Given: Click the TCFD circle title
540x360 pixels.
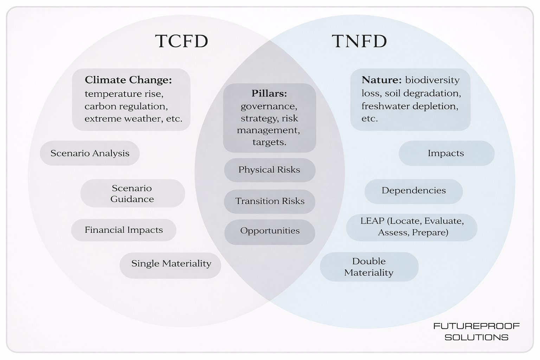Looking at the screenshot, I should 181,41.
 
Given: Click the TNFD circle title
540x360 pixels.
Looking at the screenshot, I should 359,41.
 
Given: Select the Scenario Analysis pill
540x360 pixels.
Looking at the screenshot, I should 90,153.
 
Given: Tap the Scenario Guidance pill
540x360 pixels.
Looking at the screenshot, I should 132,193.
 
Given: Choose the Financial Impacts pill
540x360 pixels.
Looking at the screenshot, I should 124,230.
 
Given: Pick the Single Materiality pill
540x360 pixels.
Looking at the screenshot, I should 171,264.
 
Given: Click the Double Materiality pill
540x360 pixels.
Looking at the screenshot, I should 369,267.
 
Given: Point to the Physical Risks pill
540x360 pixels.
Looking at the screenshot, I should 269,170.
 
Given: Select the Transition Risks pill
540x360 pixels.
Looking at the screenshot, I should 270,201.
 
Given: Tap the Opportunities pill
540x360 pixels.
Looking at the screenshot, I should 270,231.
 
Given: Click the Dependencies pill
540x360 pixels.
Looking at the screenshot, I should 413,191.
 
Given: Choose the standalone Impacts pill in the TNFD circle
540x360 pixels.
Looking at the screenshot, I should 446,153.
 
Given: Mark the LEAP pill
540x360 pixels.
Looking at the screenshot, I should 412,227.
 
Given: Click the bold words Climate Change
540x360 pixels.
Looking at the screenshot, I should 128,80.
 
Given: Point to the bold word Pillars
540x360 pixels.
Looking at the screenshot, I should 269,94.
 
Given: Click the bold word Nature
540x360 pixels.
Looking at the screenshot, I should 381,80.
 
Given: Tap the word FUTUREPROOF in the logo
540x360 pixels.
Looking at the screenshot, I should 476,326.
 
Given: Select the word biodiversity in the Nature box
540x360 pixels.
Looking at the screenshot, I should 432,80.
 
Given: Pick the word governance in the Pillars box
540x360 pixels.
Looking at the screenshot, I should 269,106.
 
